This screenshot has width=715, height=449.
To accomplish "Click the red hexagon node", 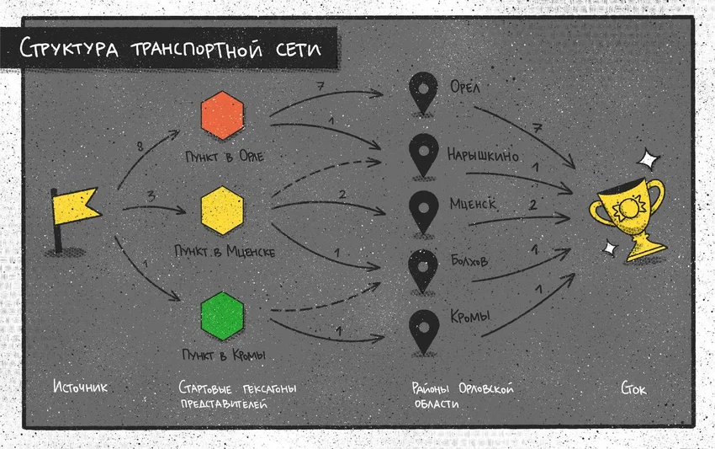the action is click(223, 115).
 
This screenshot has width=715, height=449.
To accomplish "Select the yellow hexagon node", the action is click(223, 211).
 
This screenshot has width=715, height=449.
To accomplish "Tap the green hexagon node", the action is click(223, 316).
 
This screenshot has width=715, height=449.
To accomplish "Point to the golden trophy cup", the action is click(629, 218).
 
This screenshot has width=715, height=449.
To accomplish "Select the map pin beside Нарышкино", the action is click(424, 155).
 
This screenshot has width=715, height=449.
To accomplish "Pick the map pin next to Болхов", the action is click(424, 271).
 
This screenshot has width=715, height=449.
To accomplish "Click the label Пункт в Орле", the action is click(225, 157).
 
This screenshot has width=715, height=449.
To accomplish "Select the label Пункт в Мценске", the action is click(225, 251).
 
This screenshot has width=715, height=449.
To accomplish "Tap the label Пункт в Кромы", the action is click(224, 355).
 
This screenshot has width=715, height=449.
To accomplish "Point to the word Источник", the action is click(80, 387).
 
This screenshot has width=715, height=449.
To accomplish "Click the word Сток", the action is click(633, 388).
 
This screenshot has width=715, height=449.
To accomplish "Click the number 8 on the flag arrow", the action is click(140, 147).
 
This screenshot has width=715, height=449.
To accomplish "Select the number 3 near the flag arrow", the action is click(151, 196).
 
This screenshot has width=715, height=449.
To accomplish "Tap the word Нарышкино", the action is click(483, 155).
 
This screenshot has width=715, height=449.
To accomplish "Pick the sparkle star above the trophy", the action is click(649, 160).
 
